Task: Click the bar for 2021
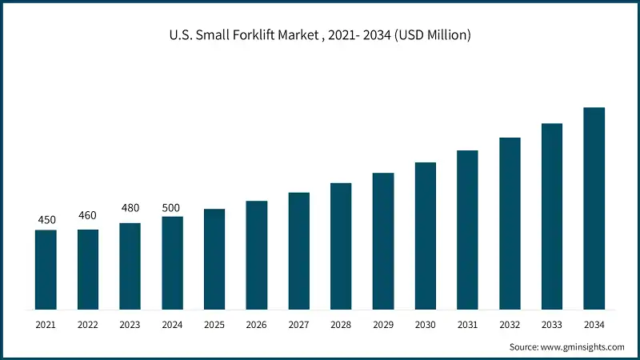tap(46, 270)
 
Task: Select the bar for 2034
tap(594, 208)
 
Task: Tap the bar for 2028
tap(341, 246)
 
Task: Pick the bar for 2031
tap(467, 230)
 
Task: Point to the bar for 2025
tap(214, 259)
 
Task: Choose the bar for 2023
tap(130, 266)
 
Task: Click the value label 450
tap(46, 220)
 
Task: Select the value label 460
tap(88, 215)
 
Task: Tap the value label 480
tap(130, 208)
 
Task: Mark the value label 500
tap(171, 208)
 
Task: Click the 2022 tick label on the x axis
tap(88, 325)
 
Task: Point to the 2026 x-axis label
tap(256, 325)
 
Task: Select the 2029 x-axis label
tap(383, 325)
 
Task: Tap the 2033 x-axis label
tap(552, 325)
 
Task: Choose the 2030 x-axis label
tap(426, 325)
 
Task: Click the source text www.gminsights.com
tap(583, 347)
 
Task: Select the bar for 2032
tap(510, 223)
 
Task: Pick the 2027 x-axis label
tap(298, 325)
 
